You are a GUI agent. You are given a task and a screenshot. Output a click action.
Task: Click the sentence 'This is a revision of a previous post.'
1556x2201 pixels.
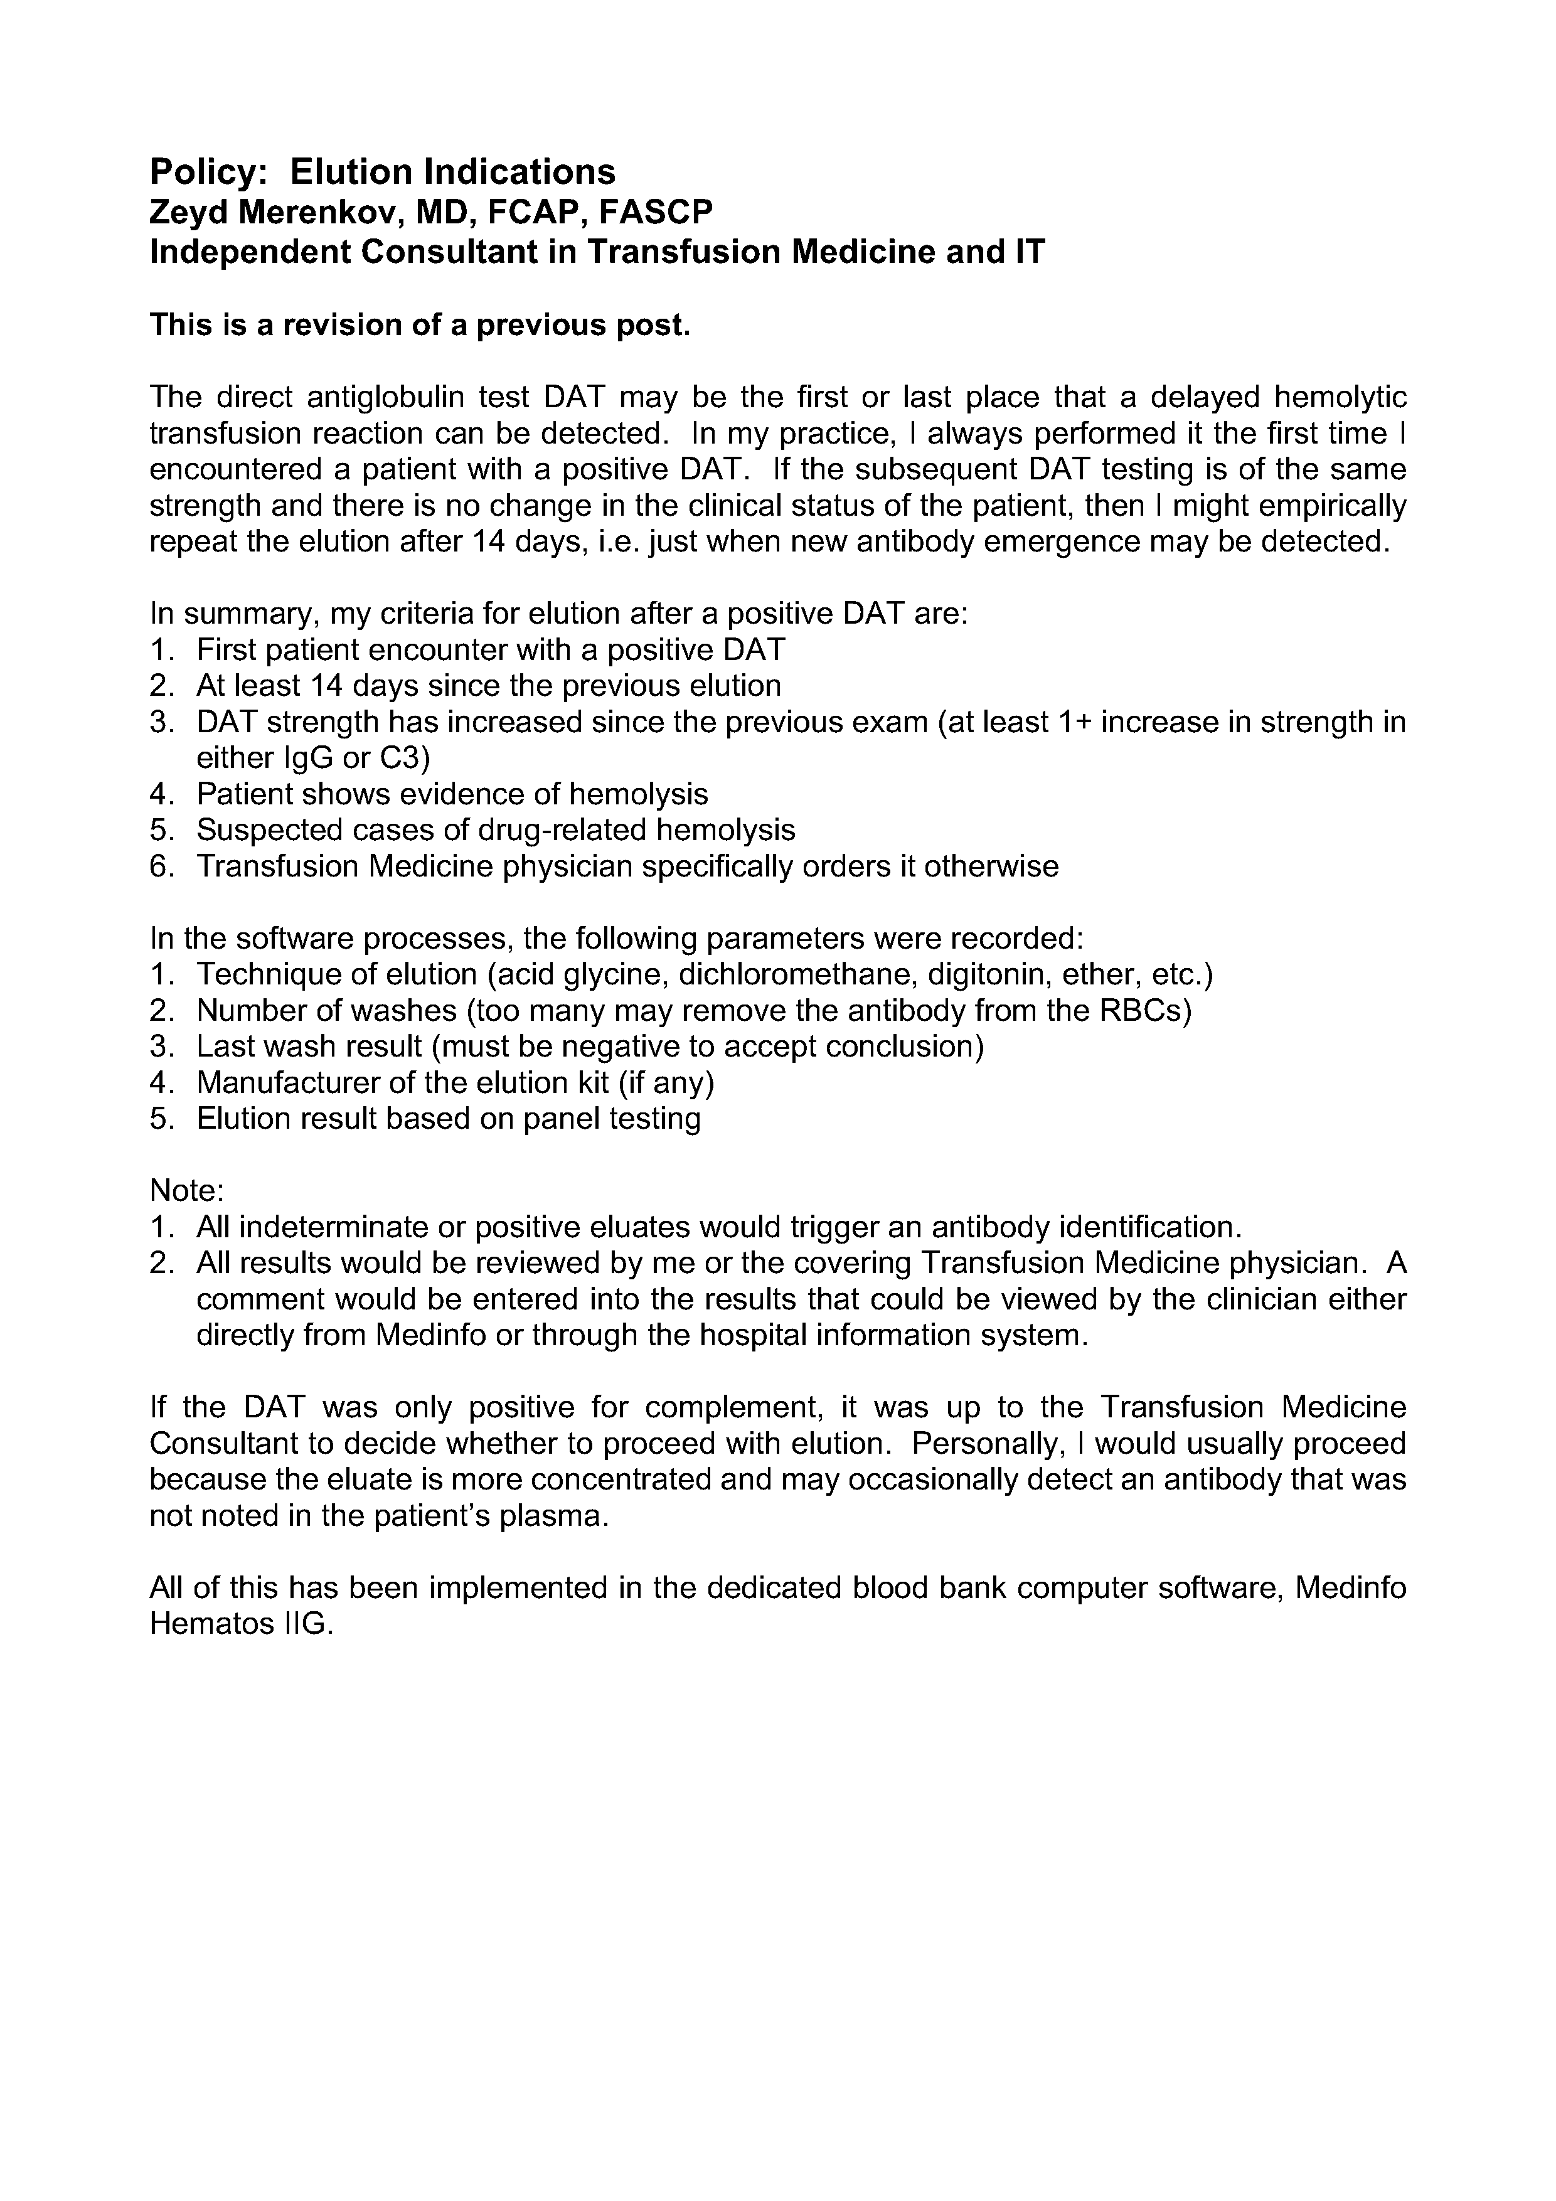pos(420,325)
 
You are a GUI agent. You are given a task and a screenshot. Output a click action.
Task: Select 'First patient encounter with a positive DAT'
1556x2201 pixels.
pos(490,650)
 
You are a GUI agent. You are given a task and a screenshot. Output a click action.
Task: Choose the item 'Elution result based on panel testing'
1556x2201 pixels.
pos(448,1119)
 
